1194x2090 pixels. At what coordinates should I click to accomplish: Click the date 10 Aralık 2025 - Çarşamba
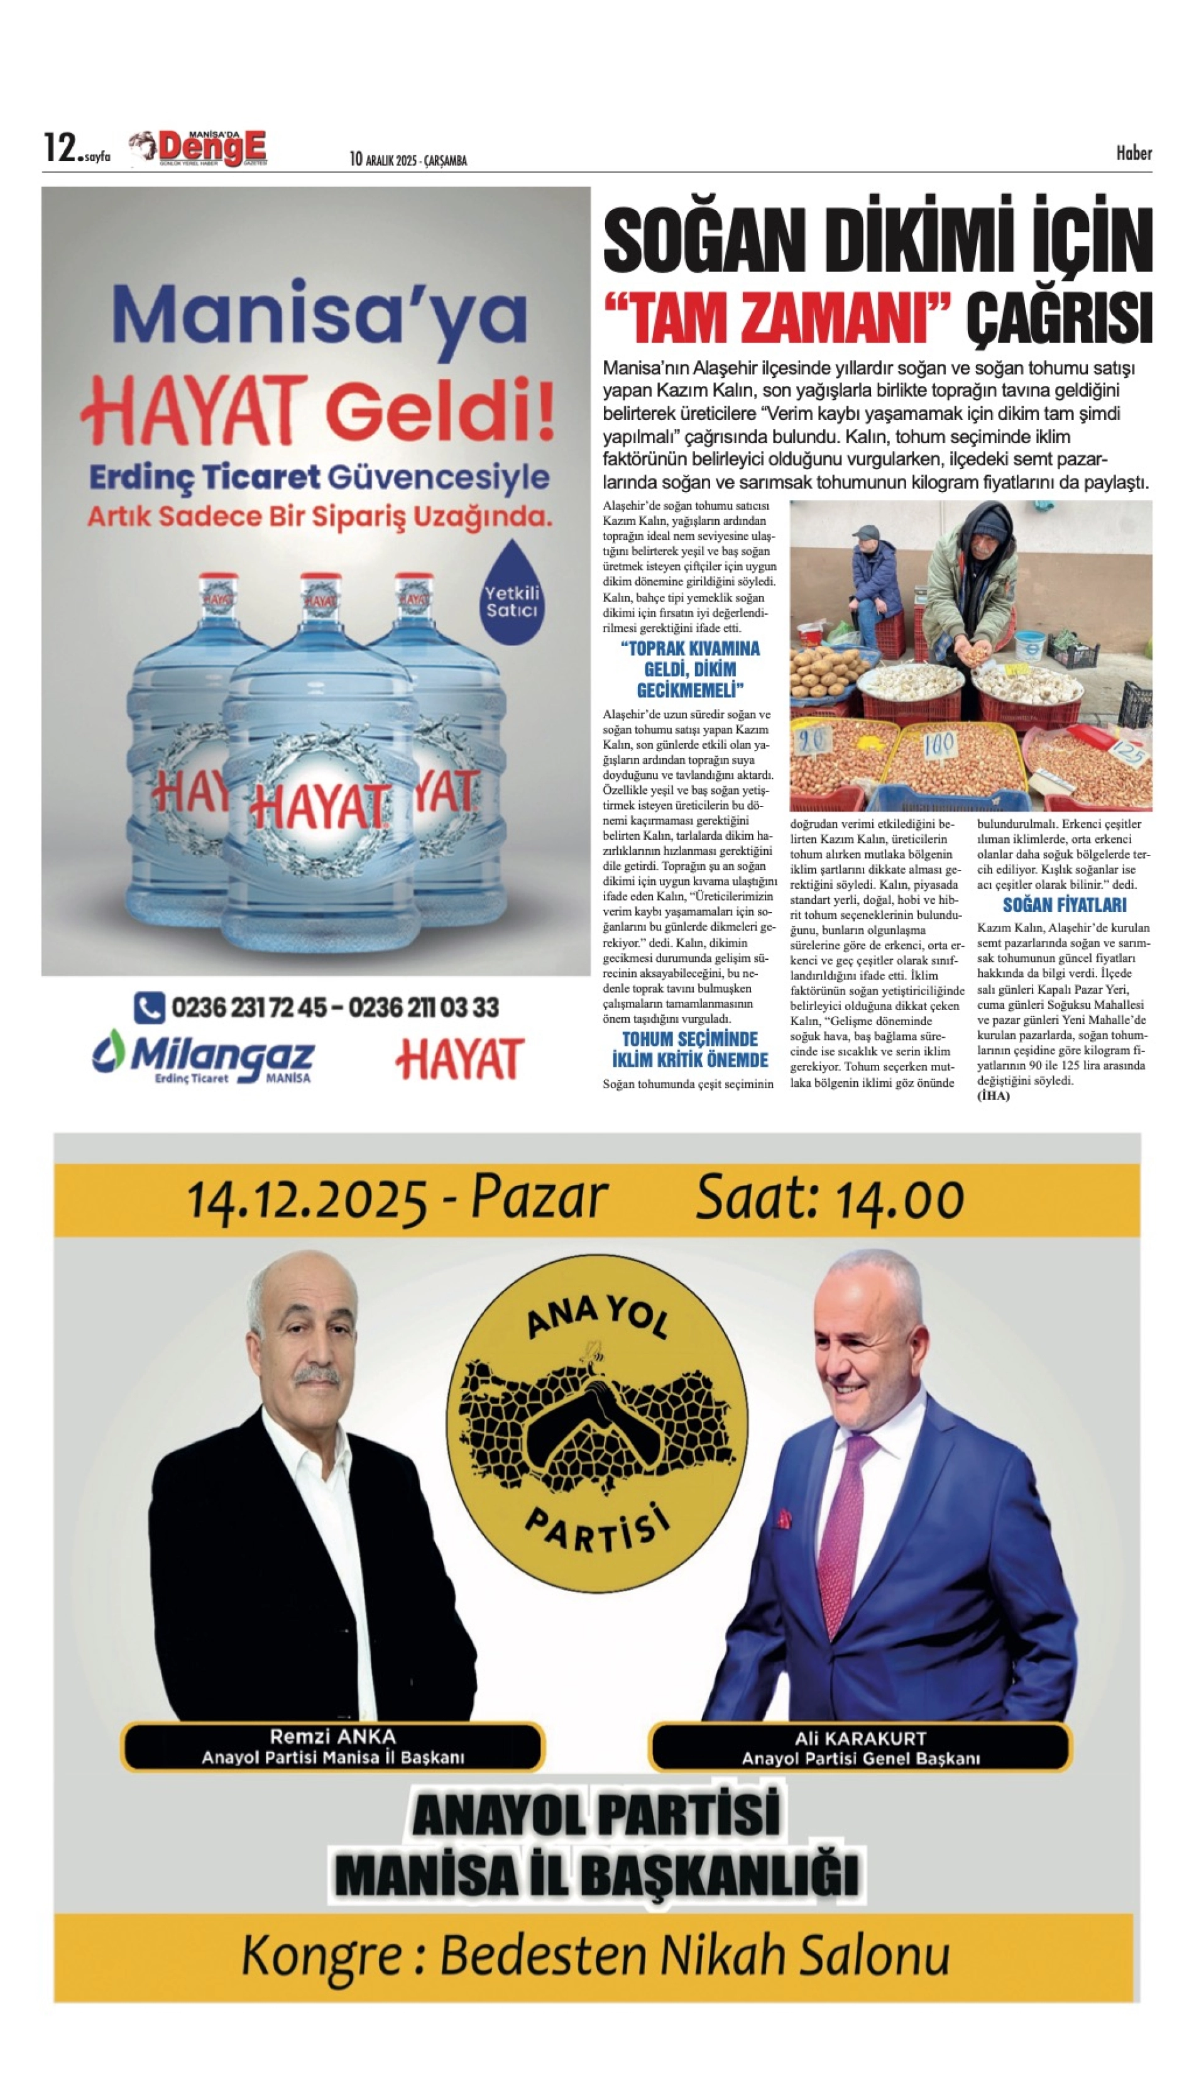coord(408,160)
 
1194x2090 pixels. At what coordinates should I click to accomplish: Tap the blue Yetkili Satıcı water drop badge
coord(512,592)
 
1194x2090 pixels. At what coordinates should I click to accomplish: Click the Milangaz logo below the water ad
coord(204,1059)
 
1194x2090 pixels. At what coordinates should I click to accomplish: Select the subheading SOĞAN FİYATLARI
coord(1065,906)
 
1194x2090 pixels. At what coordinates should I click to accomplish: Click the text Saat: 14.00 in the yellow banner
coord(829,1199)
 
